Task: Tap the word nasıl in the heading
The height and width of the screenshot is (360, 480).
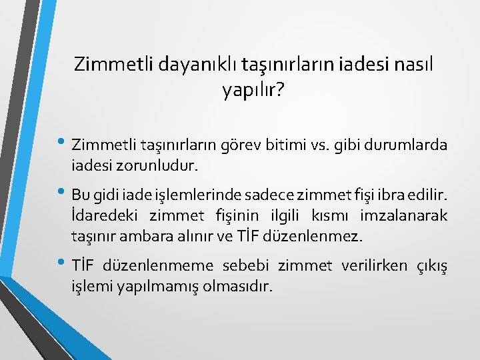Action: (x=415, y=65)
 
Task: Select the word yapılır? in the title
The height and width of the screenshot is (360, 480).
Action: (x=253, y=89)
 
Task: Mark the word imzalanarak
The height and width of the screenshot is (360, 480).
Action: (x=404, y=215)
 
